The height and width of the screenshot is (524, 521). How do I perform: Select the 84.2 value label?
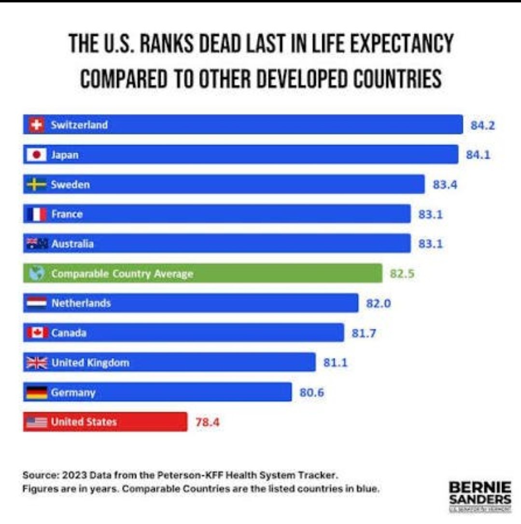click(x=483, y=126)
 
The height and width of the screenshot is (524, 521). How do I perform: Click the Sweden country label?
click(x=70, y=184)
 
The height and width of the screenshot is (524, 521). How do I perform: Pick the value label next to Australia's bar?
click(x=430, y=244)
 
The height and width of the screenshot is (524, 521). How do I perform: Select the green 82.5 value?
click(x=402, y=274)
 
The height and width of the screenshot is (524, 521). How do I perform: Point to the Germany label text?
click(x=73, y=393)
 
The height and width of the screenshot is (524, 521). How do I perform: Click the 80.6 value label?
click(x=311, y=393)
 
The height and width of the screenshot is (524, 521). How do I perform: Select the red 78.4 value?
click(x=207, y=422)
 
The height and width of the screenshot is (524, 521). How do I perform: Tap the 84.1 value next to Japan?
click(x=478, y=155)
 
